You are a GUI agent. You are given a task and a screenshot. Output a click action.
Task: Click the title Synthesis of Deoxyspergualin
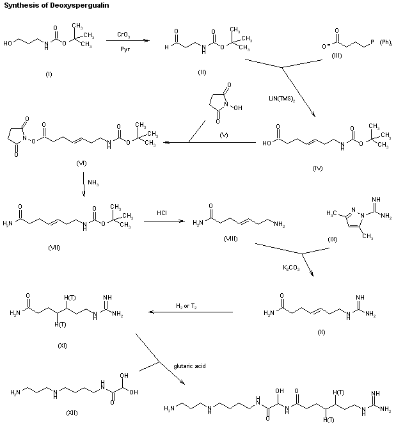coord(56,6)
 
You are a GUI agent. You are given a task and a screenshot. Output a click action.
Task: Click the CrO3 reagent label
coord(123,35)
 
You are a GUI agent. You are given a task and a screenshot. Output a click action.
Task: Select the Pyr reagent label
coord(125,49)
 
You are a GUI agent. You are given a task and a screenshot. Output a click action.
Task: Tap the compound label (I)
coord(49,74)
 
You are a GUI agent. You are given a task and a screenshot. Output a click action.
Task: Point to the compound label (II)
coord(202,72)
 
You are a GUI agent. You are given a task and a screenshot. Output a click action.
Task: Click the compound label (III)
coord(337,56)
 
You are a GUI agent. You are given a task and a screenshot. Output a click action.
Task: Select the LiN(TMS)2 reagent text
coord(282,99)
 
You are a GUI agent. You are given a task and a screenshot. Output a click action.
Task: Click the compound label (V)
coord(224,135)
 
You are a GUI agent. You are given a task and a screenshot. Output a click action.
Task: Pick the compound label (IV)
coord(317,168)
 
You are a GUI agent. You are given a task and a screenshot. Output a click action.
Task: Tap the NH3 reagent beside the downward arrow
coord(93,182)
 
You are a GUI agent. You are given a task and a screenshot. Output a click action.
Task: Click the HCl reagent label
coord(162,213)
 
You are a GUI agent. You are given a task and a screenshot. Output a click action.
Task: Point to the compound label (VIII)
coord(230,239)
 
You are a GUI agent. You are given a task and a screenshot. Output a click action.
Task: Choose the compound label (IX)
coord(333,239)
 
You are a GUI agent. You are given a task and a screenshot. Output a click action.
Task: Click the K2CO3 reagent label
coord(291,268)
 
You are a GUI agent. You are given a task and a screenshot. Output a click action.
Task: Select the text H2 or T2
coord(186,306)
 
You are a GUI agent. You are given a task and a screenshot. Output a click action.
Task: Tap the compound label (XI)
coord(63,346)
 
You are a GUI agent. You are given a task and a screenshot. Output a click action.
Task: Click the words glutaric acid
coord(189,366)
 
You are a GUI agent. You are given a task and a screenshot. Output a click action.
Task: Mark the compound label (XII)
coord(72,413)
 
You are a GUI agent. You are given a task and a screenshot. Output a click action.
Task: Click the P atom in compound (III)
coord(372,42)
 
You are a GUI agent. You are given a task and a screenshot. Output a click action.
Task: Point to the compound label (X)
coord(321,332)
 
